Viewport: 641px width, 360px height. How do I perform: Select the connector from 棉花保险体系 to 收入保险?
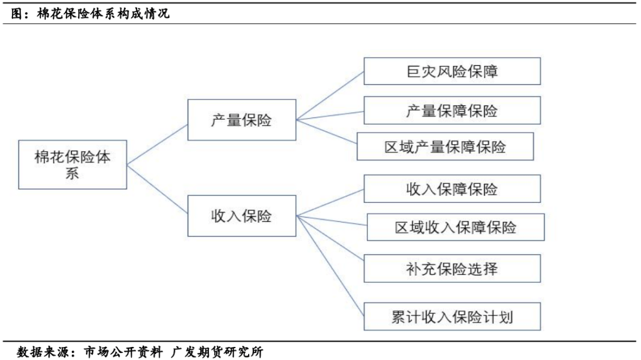point(157,189)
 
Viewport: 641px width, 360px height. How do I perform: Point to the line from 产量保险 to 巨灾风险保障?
point(330,95)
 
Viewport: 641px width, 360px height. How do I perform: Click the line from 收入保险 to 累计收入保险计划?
point(330,266)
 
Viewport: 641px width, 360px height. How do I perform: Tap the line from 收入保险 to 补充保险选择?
point(330,238)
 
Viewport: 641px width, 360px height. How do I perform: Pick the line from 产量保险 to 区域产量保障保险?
point(326,132)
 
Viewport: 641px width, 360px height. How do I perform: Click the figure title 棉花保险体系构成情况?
point(103,14)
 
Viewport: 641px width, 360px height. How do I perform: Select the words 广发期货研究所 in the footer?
point(217,352)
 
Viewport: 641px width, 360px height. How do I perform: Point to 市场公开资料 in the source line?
point(123,352)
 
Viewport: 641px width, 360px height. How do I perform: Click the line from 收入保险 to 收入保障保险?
point(330,202)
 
